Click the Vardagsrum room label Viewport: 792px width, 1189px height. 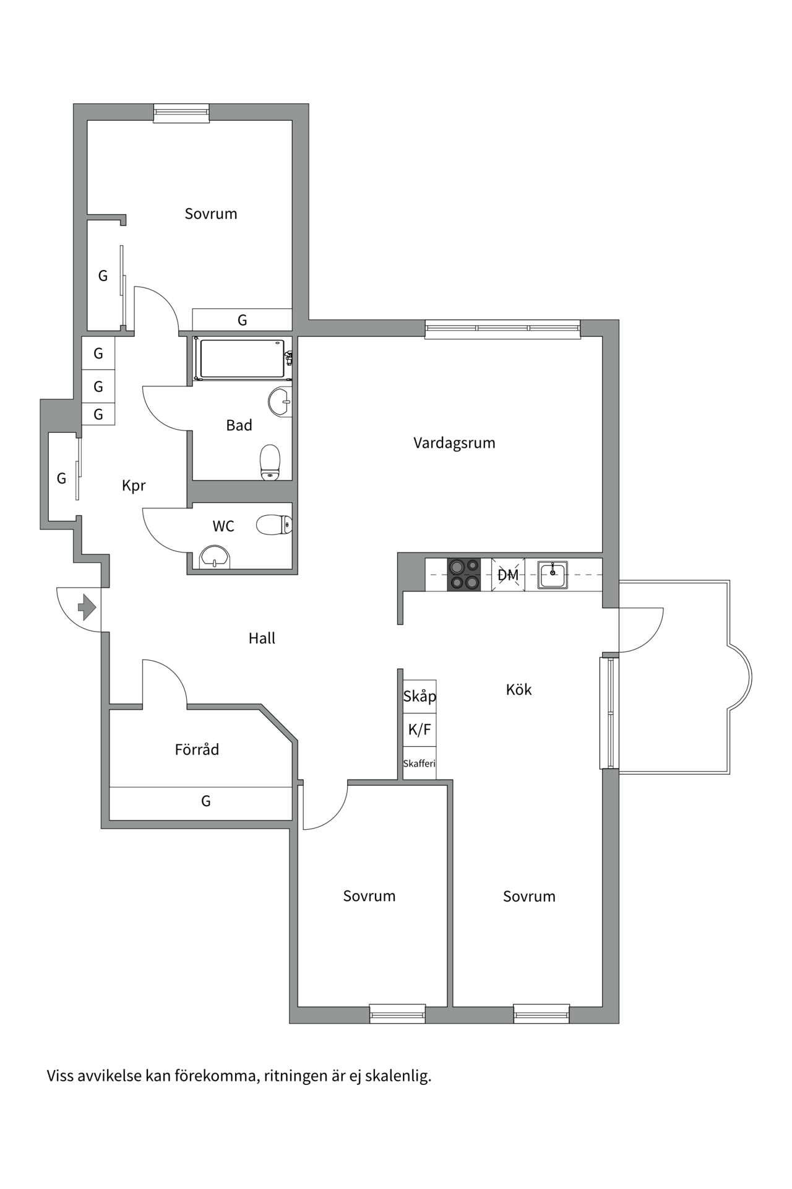454,443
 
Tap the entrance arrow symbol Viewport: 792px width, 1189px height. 87,607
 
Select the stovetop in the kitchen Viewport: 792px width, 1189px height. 464,575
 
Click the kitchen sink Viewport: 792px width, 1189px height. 553,575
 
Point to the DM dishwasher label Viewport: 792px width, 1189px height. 508,575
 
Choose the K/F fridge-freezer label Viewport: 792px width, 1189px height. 420,730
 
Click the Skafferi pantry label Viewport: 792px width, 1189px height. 420,764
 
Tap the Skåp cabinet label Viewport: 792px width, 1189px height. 420,696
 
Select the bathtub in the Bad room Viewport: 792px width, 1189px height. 242,359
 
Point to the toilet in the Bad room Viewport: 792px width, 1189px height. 270,462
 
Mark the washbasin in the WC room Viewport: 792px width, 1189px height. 215,557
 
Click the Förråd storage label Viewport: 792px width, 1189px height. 197,750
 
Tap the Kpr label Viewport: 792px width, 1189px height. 134,486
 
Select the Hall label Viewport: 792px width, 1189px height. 262,638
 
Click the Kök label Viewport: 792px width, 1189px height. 519,690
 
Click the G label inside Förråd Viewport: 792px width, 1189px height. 206,801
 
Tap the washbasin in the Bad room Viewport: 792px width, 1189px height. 280,401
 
